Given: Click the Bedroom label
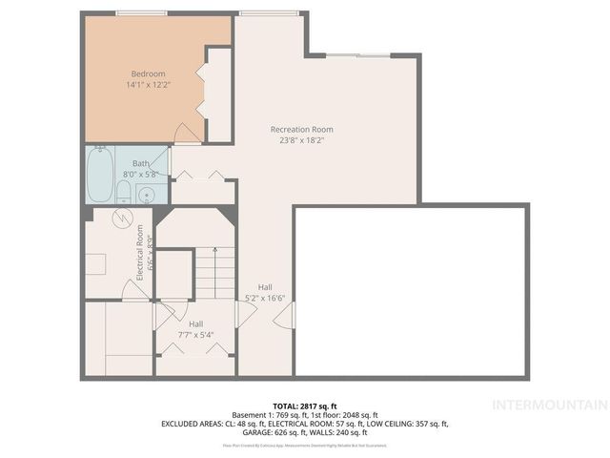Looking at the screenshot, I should (x=148, y=73).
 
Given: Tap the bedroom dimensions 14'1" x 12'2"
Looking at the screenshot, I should (x=148, y=85).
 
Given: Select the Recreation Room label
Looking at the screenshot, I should (x=301, y=129).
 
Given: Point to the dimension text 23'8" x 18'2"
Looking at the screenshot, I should (x=301, y=140).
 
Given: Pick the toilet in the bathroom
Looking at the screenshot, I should (x=124, y=192).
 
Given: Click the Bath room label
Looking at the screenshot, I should (x=140, y=163).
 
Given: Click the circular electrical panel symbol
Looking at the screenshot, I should (x=121, y=219).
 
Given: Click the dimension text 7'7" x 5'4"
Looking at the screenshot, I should (x=195, y=335).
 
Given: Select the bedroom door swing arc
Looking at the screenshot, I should (x=188, y=135).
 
